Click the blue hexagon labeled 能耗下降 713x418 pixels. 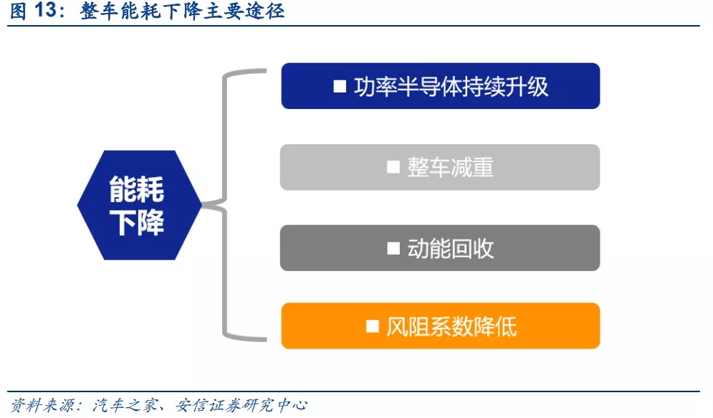(139, 205)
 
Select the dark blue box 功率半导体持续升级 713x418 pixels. (440, 86)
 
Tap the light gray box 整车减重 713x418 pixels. (440, 167)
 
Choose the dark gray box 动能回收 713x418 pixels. (440, 248)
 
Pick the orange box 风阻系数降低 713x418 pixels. (440, 326)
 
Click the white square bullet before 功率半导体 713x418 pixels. (340, 86)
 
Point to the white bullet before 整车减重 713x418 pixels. (393, 167)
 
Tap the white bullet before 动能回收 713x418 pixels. (393, 248)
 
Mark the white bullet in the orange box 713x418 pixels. (373, 326)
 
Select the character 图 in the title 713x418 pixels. (18, 11)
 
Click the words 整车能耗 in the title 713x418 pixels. (120, 11)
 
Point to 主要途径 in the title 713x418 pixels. (244, 11)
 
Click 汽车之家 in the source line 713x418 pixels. (125, 404)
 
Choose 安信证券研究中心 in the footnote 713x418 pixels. (241, 404)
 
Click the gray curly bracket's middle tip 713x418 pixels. (204, 205)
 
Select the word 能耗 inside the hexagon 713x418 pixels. (136, 189)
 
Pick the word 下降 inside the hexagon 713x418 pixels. (136, 223)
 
